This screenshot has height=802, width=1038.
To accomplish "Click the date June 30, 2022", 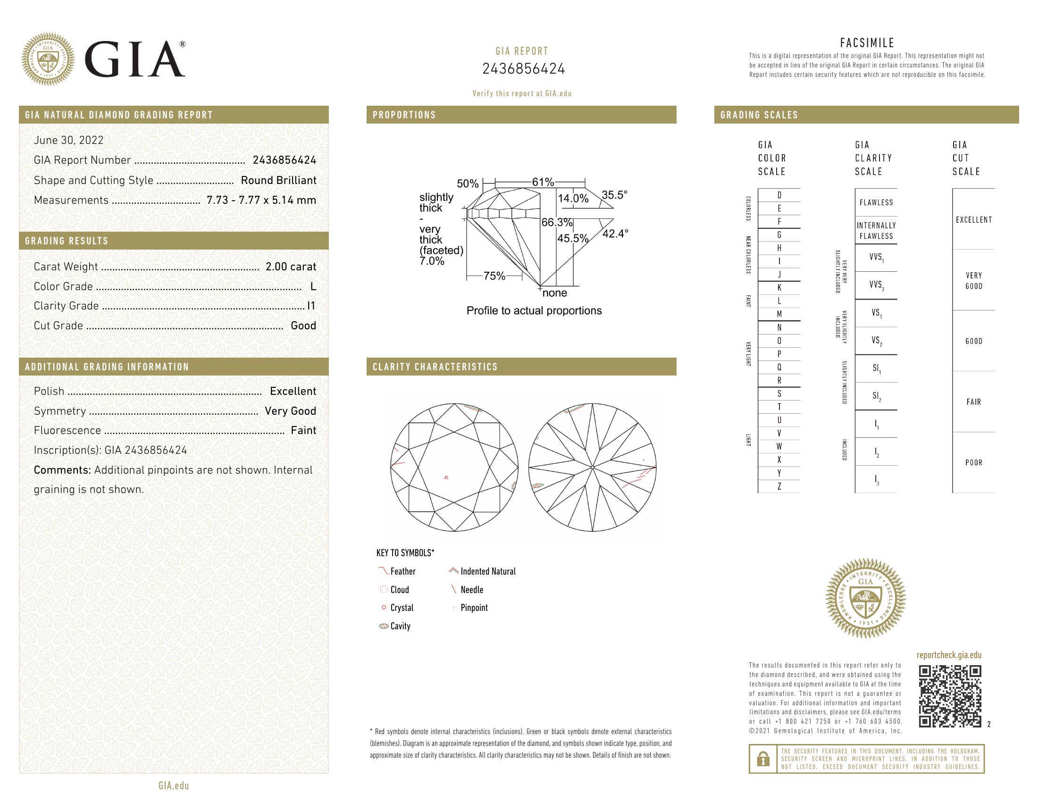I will (68, 140).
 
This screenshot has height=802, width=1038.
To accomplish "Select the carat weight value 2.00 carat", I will (290, 267).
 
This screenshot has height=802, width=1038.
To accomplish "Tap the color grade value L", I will (313, 286).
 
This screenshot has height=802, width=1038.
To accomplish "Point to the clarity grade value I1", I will (311, 306).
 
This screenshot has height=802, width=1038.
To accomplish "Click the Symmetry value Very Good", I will (290, 411).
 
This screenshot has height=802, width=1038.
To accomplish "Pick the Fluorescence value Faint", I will (303, 430).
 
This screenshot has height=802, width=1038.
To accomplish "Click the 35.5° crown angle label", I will (614, 195).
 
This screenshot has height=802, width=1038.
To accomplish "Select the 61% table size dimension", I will (543, 182).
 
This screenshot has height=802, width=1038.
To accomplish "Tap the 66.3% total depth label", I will (557, 222).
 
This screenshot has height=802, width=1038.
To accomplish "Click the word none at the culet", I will (555, 292).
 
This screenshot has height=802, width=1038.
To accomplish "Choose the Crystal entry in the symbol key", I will (402, 608).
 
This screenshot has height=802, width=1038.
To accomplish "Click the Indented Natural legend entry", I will (488, 572).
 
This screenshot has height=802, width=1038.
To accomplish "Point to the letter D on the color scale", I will (779, 195).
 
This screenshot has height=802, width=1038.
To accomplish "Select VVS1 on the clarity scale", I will (876, 258).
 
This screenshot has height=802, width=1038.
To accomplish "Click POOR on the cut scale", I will (973, 462).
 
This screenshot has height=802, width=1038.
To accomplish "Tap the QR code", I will (950, 696).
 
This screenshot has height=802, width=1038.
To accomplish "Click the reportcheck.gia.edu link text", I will (949, 655).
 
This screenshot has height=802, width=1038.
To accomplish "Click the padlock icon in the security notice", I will (763, 759).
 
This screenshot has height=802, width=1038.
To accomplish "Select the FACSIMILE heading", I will (867, 43).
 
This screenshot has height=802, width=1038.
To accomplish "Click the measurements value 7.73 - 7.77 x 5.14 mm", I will (261, 200).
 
